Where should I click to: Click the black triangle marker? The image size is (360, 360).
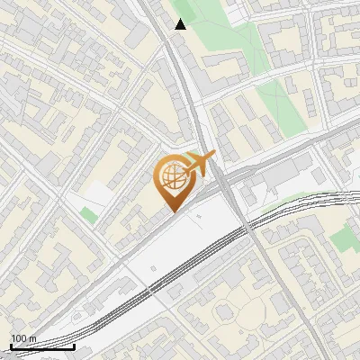click(181, 23)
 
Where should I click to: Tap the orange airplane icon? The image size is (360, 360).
click(199, 165)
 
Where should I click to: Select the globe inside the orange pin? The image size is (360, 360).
click(171, 181)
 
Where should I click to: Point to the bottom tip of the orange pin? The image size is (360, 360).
click(172, 213)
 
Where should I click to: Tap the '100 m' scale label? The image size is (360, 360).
click(23, 338)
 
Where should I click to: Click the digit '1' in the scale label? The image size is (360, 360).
click(13, 338)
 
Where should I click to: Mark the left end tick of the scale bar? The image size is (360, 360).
click(11, 345)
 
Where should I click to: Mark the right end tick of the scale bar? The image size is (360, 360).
click(74, 345)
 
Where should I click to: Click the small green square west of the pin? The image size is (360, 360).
click(87, 214)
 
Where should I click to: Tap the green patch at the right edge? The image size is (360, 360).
click(345, 238)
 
